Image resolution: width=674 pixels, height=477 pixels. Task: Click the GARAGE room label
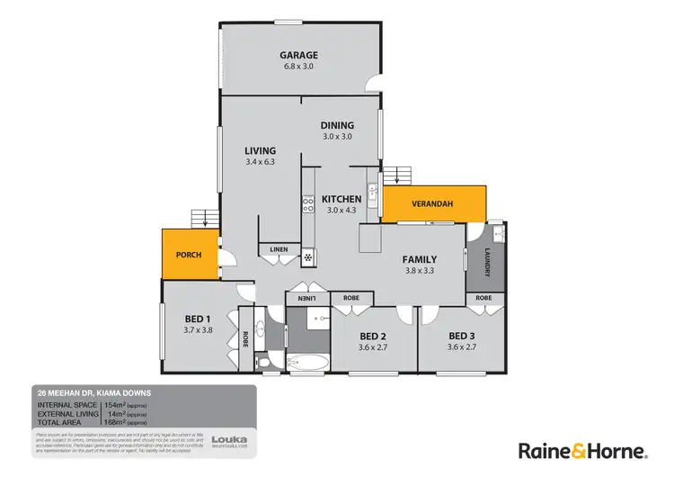301,56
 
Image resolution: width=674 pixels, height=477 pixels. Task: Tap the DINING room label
337,125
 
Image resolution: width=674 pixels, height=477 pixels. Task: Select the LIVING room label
260,150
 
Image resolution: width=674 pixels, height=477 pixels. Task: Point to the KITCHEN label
341,199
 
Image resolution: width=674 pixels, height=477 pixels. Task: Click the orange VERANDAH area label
432,204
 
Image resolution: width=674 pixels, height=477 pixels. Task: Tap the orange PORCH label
188,255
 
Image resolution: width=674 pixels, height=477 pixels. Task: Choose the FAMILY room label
420,257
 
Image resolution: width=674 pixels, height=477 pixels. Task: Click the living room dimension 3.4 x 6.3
260,162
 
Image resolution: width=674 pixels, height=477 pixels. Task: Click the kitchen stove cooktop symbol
306,204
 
